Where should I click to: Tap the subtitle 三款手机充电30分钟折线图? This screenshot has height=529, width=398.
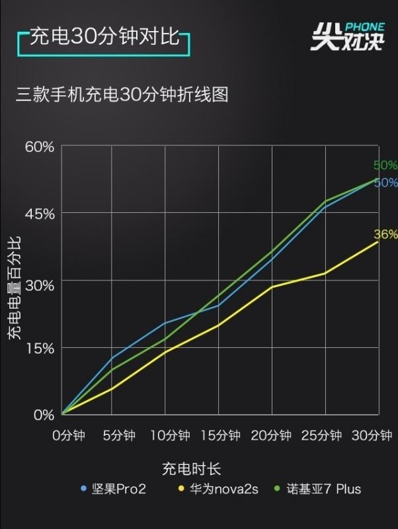[122, 95]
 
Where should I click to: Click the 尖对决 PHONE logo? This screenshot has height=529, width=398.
[347, 36]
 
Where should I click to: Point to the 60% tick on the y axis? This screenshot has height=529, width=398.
[40, 146]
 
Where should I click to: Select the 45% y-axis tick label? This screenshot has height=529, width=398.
[40, 214]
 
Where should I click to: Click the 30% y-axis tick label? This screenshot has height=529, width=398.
[40, 281]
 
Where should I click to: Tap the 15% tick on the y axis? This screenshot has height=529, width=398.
[40, 348]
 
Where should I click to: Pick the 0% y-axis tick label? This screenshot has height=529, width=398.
[44, 415]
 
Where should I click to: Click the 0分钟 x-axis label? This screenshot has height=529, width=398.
[69, 435]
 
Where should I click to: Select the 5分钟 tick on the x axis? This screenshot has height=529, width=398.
[120, 435]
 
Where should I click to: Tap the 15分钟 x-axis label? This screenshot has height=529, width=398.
[219, 435]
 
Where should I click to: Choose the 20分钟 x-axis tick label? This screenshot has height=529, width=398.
[271, 435]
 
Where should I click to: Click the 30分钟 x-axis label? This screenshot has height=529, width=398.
[372, 435]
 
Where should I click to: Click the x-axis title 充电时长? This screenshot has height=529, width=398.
[191, 469]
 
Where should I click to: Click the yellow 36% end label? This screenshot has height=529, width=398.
[385, 234]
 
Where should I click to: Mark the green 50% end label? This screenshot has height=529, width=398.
[385, 165]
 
